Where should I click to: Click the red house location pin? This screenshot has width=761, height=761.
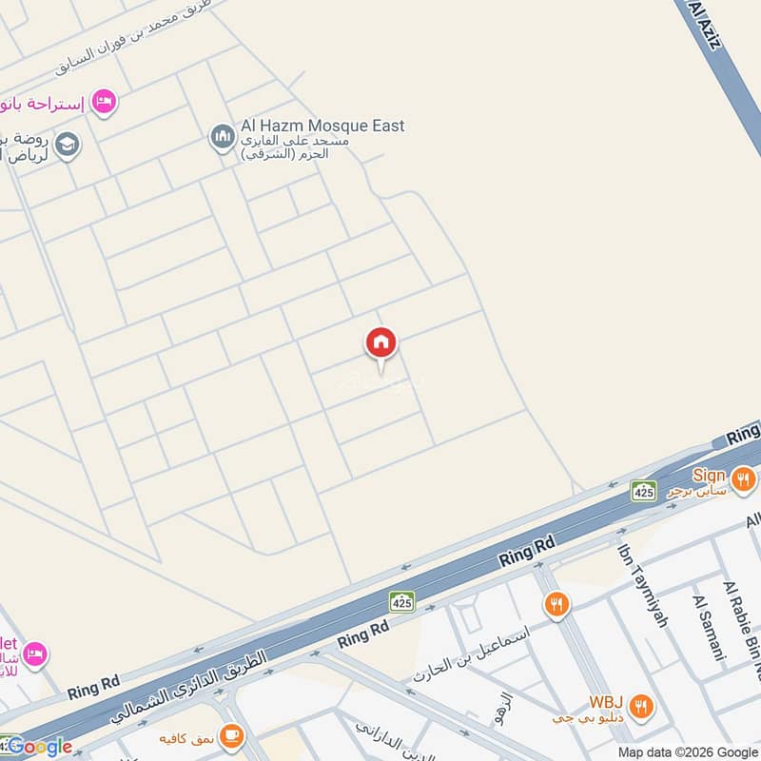381,344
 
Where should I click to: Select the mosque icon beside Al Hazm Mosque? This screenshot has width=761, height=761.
222,138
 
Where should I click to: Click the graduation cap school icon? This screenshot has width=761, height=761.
68,146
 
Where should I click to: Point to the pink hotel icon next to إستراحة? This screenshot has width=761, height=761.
105,100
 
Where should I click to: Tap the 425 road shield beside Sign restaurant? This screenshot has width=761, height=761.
644,491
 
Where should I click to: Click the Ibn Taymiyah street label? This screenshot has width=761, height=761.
644,585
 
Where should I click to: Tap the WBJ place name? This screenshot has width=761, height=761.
606,702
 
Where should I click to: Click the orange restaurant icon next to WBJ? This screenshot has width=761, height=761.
642,706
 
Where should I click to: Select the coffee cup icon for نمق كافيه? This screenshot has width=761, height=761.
230,735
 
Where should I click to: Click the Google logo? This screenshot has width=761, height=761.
38,747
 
